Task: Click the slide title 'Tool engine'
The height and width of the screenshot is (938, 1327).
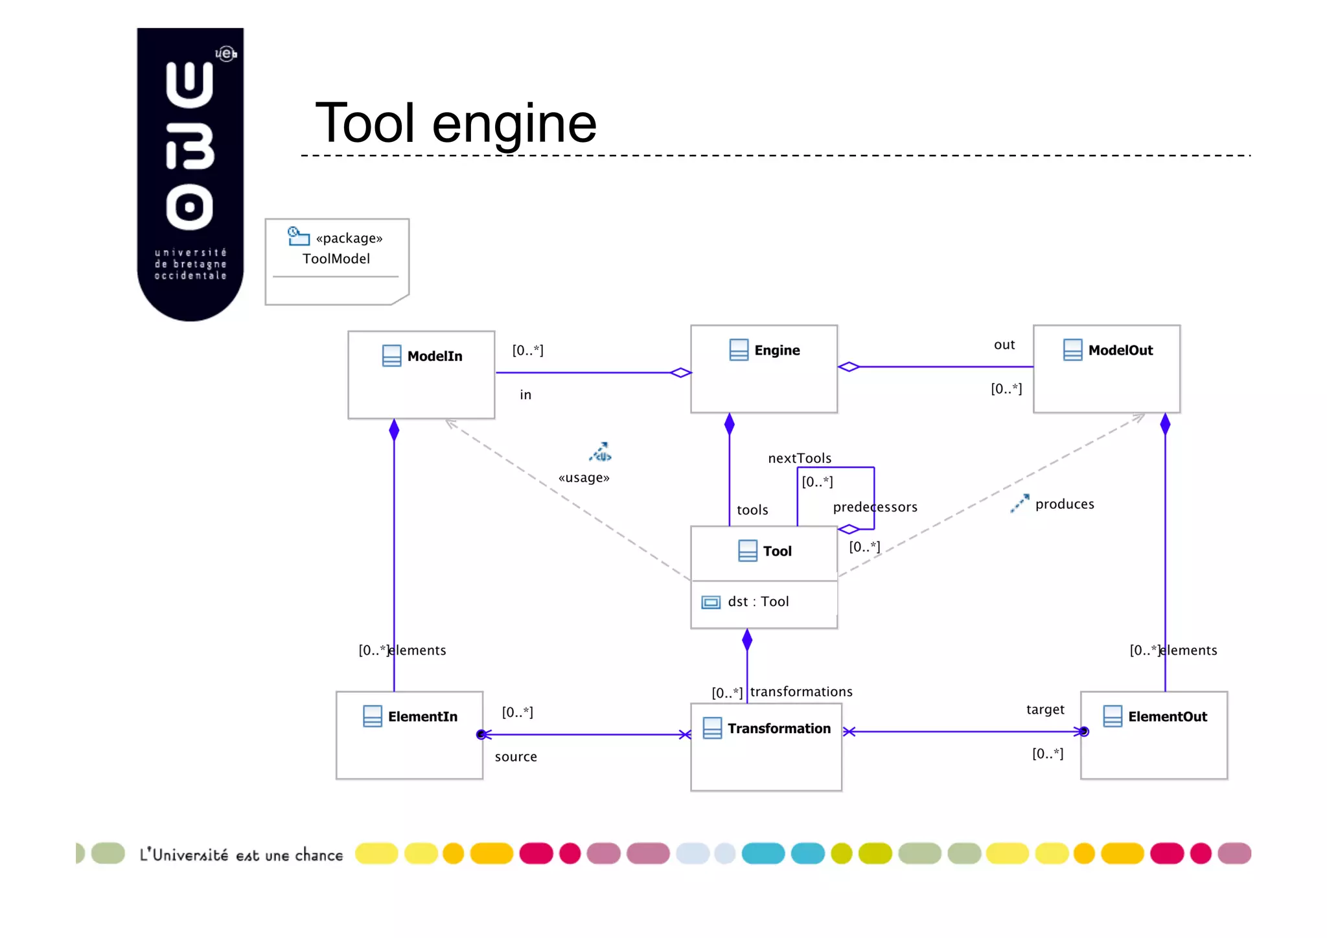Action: point(456,123)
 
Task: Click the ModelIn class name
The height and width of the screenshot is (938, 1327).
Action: point(434,356)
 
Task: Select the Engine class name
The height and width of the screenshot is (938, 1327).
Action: point(776,350)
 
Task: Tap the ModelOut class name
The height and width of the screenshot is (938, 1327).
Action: point(1120,350)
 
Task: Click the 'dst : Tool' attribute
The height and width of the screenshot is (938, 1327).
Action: point(757,602)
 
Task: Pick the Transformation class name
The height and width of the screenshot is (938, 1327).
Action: point(778,728)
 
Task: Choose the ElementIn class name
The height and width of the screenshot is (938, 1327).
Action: point(422,716)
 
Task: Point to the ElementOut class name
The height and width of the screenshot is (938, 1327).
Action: point(1167,716)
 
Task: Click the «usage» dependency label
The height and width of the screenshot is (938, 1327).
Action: point(584,478)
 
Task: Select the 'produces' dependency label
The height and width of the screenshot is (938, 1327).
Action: point(1064,504)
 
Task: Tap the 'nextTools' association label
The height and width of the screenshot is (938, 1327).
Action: point(799,458)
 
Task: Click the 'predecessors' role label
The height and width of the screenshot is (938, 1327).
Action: point(875,507)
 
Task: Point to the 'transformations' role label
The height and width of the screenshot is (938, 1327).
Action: point(801,692)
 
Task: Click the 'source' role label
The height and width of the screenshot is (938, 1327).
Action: point(516,756)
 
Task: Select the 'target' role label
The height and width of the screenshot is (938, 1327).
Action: point(1044,709)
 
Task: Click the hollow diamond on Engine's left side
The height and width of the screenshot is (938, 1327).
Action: point(680,373)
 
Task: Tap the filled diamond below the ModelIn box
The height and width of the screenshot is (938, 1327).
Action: point(394,430)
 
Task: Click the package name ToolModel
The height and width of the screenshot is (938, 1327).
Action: point(336,259)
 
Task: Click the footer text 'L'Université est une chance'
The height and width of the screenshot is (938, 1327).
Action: point(241,855)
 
